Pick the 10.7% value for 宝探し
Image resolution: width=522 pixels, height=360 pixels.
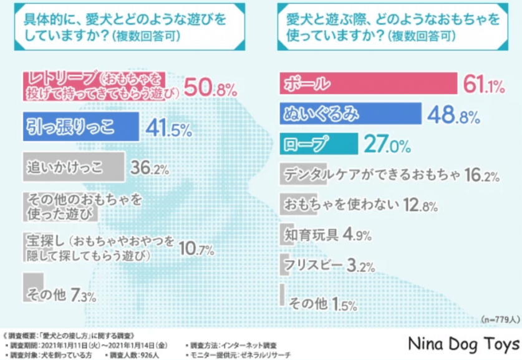(196, 250)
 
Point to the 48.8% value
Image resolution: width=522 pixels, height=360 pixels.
(453, 115)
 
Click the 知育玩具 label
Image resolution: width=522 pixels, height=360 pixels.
(311, 235)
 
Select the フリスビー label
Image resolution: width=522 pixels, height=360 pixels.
(313, 265)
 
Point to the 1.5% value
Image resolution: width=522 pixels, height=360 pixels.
(344, 304)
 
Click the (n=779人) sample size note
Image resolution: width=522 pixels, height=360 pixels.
(500, 319)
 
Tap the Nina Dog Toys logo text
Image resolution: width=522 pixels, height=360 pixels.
(463, 344)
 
